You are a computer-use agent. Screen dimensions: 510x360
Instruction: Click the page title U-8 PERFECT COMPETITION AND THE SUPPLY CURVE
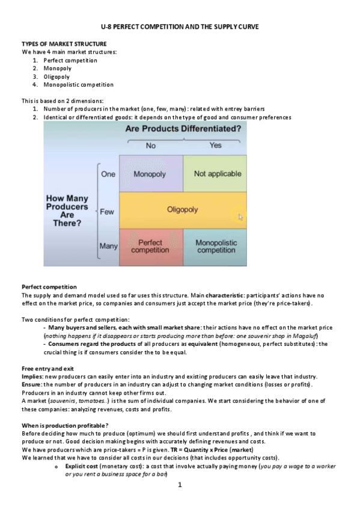pos(180,28)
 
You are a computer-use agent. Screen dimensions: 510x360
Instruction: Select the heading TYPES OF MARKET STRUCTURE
pos(64,44)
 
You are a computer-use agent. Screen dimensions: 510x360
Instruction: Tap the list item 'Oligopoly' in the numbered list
pos(57,76)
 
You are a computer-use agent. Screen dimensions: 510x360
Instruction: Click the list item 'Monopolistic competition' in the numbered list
pos(78,85)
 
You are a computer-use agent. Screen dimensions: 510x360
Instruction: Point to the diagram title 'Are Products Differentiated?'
pos(183,129)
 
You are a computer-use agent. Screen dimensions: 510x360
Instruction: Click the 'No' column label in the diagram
pos(151,146)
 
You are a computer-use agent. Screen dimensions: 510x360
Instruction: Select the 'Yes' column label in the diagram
pos(215,146)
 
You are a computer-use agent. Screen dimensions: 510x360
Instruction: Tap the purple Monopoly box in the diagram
pos(150,174)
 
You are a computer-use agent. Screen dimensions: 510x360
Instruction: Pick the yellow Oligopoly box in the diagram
pos(182,210)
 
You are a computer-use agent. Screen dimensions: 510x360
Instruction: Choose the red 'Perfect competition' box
pos(150,247)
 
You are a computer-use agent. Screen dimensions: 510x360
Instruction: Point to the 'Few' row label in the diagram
pos(107,212)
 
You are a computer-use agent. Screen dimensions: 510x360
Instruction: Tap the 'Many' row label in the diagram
pos(108,246)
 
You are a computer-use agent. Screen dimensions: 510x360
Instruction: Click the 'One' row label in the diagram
pos(108,174)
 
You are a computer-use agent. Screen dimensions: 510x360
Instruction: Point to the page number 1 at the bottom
pos(180,501)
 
